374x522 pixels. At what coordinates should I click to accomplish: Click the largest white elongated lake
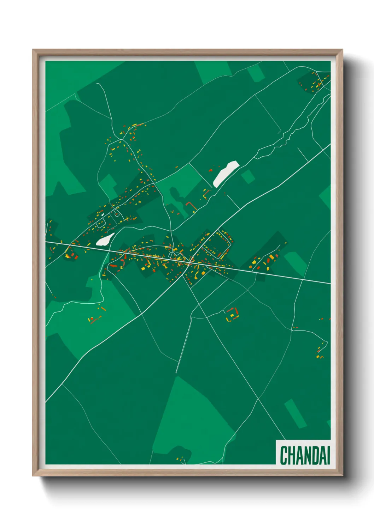pyautogui.click(x=226, y=173)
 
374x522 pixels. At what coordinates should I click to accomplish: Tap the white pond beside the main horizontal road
pyautogui.click(x=105, y=239)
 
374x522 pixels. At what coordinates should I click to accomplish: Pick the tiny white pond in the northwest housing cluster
pyautogui.click(x=102, y=213)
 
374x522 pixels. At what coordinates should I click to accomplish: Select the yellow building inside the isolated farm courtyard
pyautogui.click(x=232, y=315)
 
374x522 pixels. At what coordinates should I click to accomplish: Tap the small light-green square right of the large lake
pyautogui.click(x=248, y=176)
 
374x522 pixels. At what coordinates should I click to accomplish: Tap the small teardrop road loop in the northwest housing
pyautogui.click(x=117, y=213)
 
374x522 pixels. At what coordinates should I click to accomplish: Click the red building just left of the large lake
pyautogui.click(x=211, y=170)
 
